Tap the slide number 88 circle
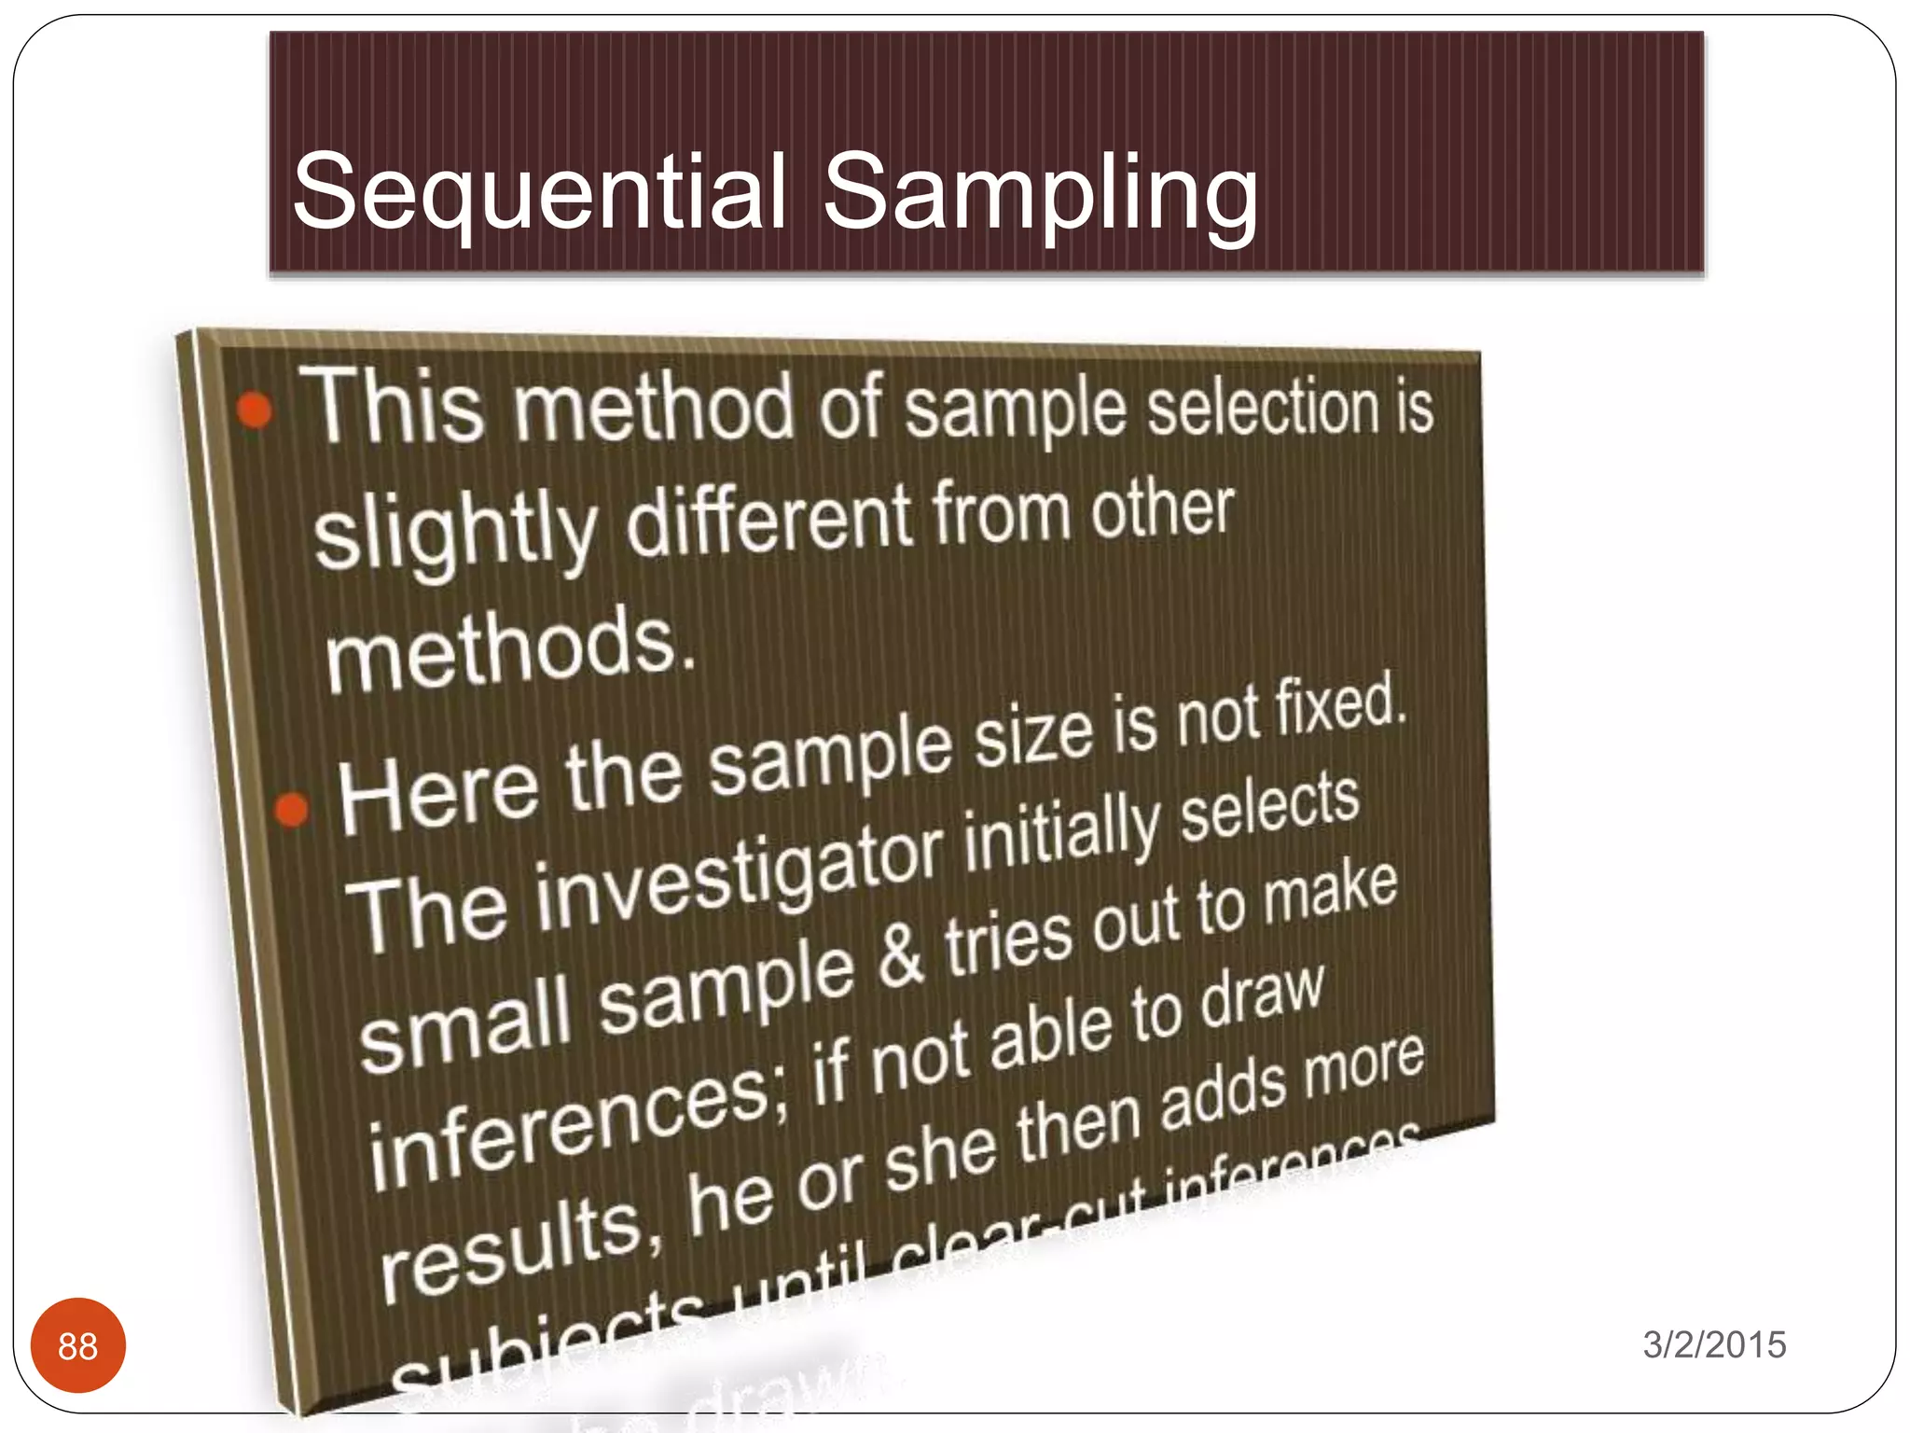78,1345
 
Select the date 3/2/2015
1714,1345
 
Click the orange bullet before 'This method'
254,410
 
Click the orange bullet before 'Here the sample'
292,809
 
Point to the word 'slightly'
455,534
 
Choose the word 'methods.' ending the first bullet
509,647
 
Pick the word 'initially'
1063,829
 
